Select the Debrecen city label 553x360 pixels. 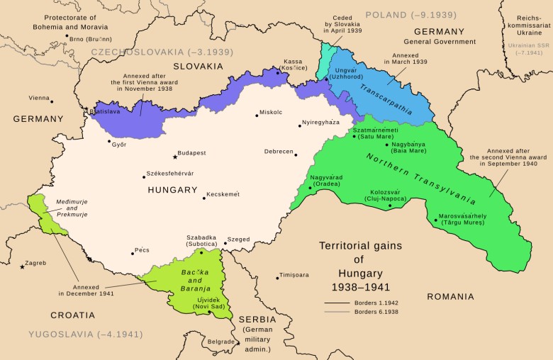click(277, 152)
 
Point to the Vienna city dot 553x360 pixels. click(51, 101)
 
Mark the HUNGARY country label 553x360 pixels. click(172, 190)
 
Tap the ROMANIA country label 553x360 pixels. click(450, 296)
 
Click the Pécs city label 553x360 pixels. click(141, 250)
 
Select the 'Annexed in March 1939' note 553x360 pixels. click(404, 58)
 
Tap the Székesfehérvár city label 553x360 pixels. click(171, 174)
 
